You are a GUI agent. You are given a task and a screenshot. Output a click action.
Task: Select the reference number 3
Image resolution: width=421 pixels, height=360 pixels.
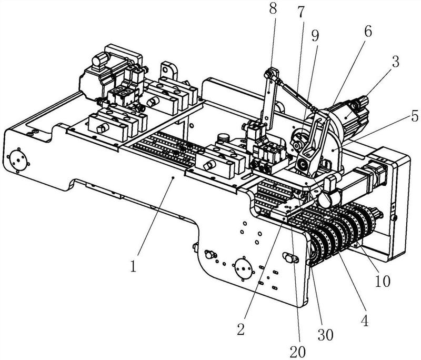pyautogui.click(x=395, y=62)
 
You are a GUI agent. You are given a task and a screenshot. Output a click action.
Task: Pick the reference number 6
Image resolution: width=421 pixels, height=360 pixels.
pyautogui.click(x=368, y=32)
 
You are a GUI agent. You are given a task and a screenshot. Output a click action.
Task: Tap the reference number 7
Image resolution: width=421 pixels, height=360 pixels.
pyautogui.click(x=301, y=11)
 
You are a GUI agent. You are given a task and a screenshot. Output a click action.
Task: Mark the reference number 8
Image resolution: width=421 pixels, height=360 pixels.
pyautogui.click(x=273, y=9)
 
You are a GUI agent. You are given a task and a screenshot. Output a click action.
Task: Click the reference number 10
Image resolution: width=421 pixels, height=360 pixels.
pyautogui.click(x=383, y=281)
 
